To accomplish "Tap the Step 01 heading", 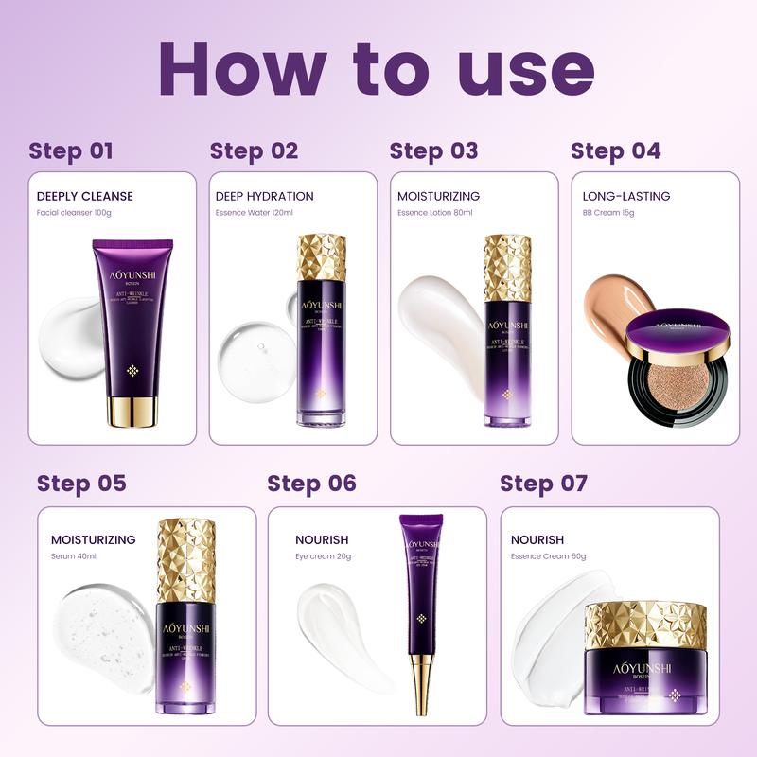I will (71, 150).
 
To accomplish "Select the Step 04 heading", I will (615, 150).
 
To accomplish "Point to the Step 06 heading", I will (311, 484).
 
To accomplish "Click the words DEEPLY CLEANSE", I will (85, 196).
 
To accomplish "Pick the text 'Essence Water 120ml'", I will (255, 213).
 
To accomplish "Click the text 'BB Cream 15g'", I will (608, 213).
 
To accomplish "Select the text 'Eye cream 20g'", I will (324, 556).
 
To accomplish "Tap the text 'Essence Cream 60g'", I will (548, 556).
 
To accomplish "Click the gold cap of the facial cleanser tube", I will (132, 409).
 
